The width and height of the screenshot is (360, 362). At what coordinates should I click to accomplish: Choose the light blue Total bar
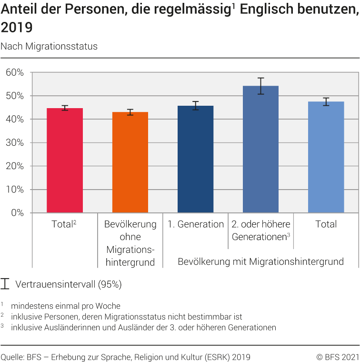coord(326,157)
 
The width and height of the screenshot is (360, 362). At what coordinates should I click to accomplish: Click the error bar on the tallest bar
coord(260,86)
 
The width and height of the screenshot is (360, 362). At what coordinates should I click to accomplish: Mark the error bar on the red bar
coord(65,108)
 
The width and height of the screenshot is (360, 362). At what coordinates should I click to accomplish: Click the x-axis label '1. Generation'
coord(195,224)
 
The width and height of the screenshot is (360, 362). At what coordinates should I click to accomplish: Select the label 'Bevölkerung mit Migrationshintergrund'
coord(260,261)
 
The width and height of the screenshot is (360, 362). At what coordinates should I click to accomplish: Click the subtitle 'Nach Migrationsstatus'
coord(49,46)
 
